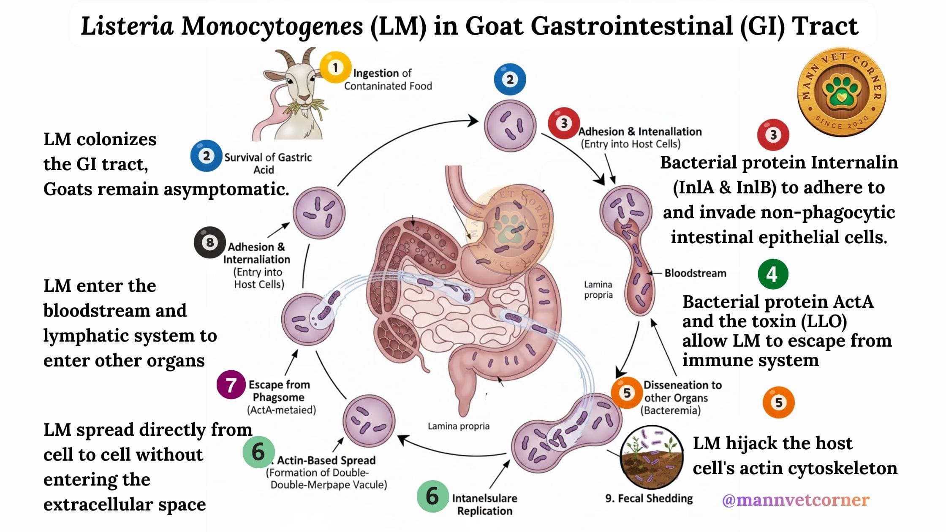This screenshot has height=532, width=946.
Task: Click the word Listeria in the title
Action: point(127,26)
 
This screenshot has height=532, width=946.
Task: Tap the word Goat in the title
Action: point(494,26)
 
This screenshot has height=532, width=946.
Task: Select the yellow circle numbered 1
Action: point(335,68)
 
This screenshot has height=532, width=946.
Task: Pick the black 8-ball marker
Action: point(209,243)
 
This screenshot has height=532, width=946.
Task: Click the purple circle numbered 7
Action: point(231,385)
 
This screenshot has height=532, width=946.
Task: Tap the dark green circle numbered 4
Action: point(773,274)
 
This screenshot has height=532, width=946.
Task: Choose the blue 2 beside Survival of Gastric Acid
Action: point(206,156)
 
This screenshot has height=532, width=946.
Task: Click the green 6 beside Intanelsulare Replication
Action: point(432,496)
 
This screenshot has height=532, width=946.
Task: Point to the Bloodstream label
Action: point(695,273)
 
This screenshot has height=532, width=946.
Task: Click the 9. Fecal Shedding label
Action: point(649,498)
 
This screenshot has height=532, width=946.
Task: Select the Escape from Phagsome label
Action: point(279,391)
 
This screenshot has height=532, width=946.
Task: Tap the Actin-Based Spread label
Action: point(326,460)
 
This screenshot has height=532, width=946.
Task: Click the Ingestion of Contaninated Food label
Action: point(388,79)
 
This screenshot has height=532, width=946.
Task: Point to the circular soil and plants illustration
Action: point(651,458)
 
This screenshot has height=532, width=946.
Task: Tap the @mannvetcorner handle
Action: point(796,500)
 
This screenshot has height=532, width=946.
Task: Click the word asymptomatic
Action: point(226,189)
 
